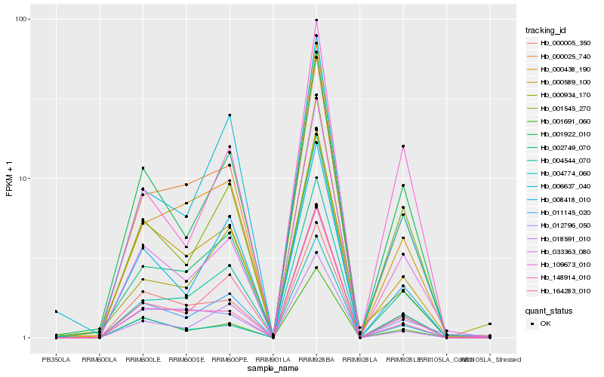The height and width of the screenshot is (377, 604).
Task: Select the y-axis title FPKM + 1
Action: (10, 179)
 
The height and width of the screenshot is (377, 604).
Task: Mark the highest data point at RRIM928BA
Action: (316, 20)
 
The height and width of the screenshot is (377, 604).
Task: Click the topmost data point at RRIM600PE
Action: (230, 115)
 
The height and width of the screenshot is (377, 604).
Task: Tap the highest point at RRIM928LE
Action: (403, 146)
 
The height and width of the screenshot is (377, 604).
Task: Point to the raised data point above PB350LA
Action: (55, 311)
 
